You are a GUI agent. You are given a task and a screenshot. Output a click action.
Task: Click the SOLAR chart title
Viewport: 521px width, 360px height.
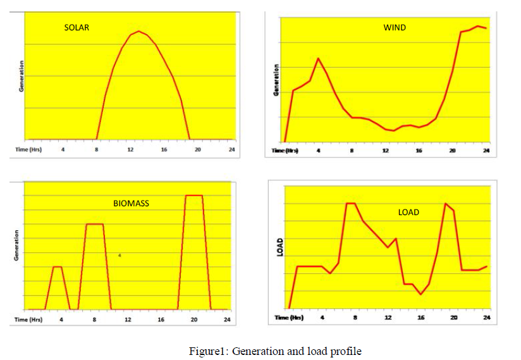(x=77, y=28)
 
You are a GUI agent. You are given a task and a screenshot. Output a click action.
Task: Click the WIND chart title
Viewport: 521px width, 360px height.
(x=395, y=28)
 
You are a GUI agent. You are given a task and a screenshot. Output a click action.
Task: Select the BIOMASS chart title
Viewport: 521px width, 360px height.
(x=131, y=204)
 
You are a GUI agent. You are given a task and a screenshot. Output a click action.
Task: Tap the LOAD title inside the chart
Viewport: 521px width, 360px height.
(x=408, y=212)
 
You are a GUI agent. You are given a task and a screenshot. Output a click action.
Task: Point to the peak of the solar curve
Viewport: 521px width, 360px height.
(x=139, y=31)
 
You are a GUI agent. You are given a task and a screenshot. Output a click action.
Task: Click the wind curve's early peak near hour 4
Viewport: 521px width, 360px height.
(x=318, y=58)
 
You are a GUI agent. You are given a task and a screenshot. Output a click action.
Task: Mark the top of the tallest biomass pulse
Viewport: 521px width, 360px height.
(x=194, y=195)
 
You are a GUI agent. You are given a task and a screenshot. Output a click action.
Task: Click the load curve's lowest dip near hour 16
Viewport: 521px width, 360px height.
(x=420, y=294)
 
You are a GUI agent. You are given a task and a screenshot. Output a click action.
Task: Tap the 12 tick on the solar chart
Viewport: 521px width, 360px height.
(x=130, y=149)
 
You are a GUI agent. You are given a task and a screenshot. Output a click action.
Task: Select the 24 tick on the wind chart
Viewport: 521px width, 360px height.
(x=486, y=150)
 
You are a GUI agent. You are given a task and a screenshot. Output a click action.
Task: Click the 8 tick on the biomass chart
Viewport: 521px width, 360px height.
(x=94, y=320)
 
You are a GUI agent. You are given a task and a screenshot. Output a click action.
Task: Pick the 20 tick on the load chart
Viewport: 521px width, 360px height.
(x=453, y=318)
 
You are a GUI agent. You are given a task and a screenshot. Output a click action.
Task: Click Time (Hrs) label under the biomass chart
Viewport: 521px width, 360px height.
(x=28, y=320)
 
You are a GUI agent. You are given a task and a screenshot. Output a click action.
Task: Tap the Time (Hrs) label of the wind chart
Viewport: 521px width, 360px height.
(x=285, y=150)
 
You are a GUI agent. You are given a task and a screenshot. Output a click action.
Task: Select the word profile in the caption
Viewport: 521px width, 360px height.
(x=347, y=351)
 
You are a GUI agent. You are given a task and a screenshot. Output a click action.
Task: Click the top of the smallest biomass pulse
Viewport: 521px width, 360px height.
(x=57, y=266)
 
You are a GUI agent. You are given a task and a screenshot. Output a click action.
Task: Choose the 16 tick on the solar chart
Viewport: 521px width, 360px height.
(x=164, y=149)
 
